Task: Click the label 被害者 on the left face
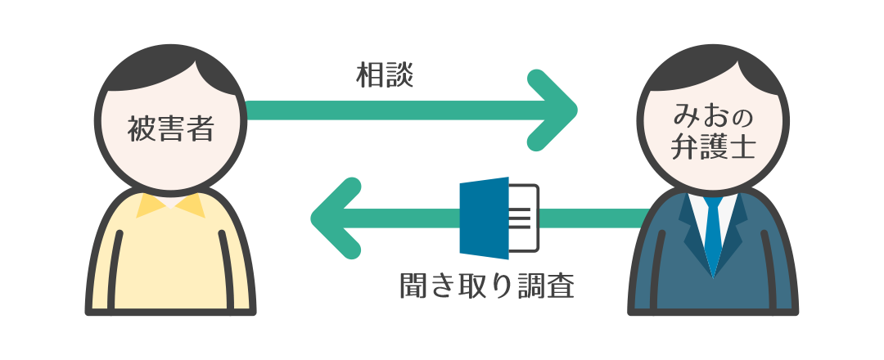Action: point(170,128)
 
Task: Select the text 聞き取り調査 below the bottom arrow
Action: point(486,286)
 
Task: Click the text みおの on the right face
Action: point(713,118)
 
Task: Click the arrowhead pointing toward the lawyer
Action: point(552,110)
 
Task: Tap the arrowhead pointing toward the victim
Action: point(336,218)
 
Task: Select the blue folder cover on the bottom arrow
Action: point(485,218)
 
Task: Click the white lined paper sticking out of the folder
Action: point(524,218)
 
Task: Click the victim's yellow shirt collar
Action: point(170,205)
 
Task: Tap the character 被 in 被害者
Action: point(142,128)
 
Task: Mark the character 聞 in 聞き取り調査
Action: point(414,286)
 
